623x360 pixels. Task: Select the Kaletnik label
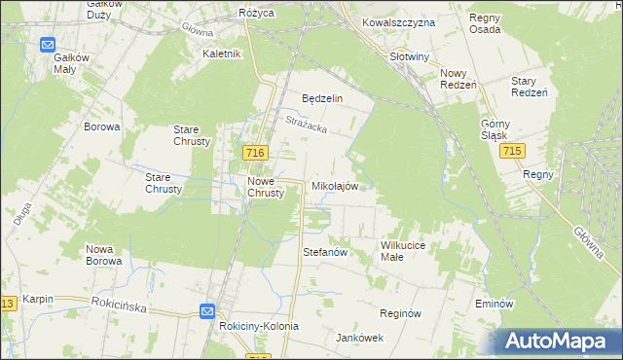[221, 54]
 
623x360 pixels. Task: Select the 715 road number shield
[513, 153]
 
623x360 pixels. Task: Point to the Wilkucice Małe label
[406, 251]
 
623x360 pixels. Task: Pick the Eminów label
[495, 304]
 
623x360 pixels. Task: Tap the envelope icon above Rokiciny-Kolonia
[207, 310]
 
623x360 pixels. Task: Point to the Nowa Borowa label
[103, 255]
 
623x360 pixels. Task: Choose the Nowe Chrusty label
[266, 187]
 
